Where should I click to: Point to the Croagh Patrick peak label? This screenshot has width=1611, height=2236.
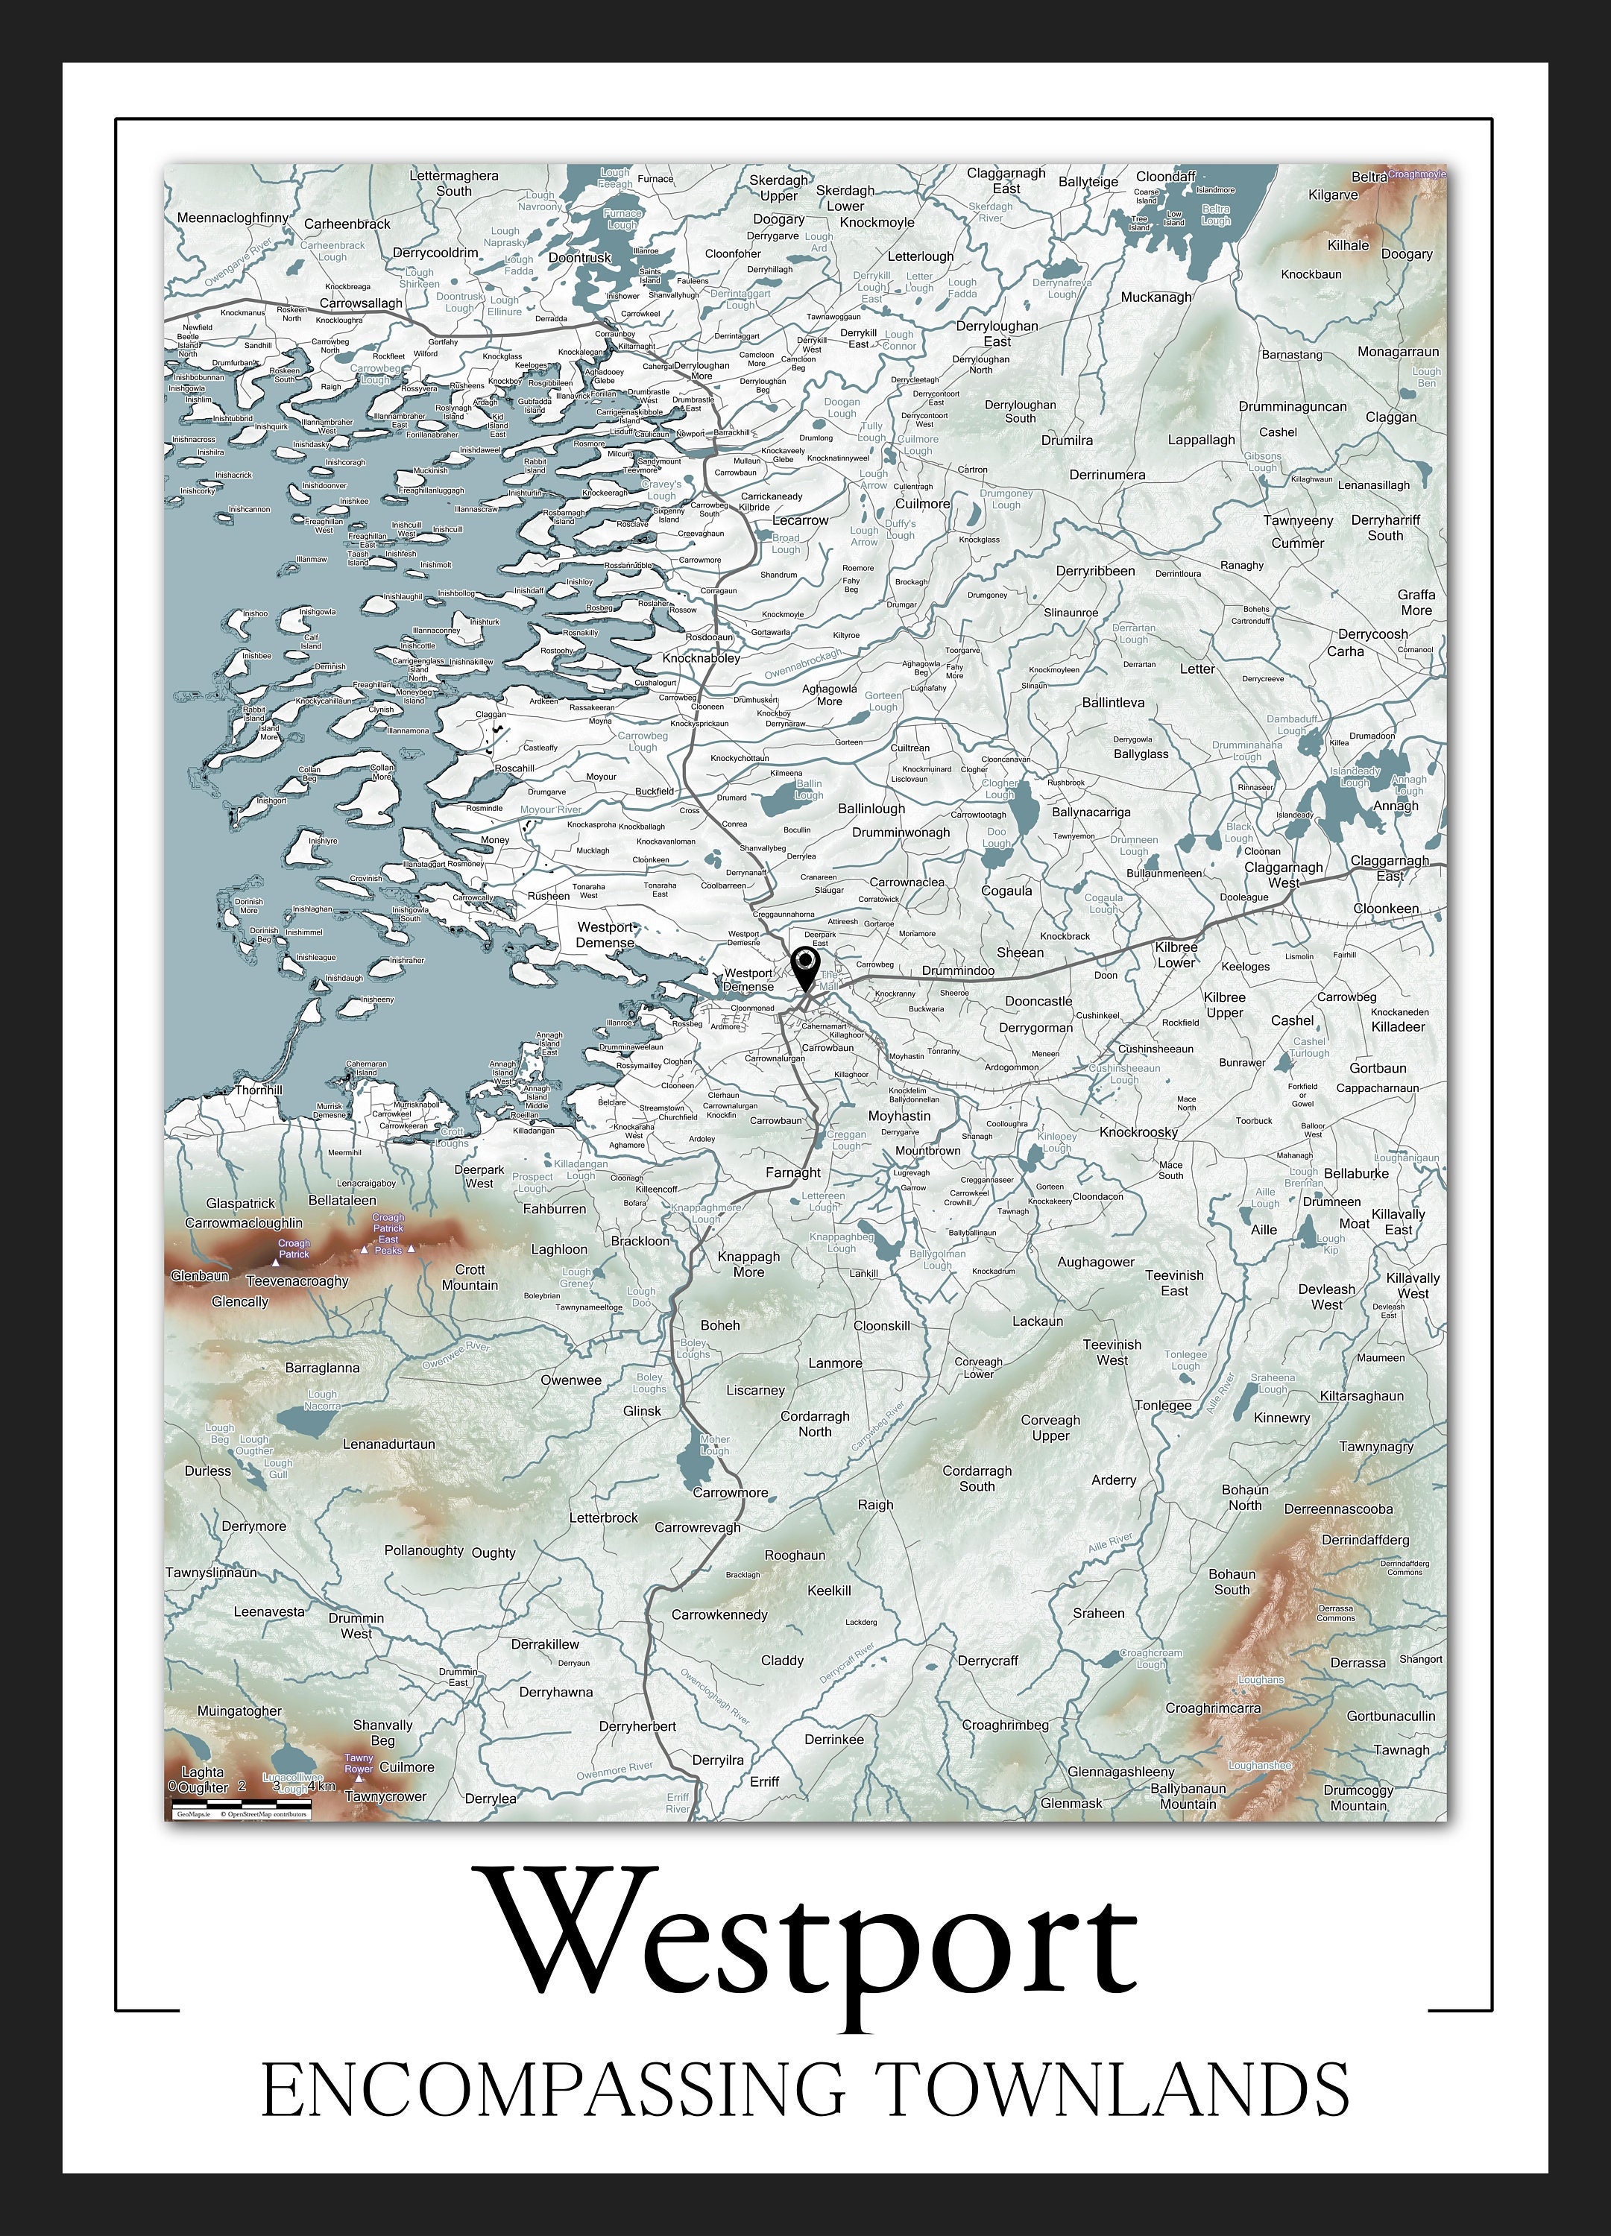[x=293, y=1248]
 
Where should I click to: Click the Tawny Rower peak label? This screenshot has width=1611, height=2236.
[x=359, y=1763]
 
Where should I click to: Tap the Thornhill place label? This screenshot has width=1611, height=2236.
[x=259, y=1090]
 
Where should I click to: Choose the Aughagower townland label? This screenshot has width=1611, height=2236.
[x=1095, y=1262]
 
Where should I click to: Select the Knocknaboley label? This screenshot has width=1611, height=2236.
[x=701, y=657]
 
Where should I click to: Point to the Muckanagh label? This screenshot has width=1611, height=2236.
[x=1156, y=297]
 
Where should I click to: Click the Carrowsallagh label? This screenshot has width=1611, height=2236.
[x=361, y=303]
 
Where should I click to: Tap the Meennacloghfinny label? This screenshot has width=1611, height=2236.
[x=233, y=218]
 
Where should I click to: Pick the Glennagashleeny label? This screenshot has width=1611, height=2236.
[x=1121, y=1771]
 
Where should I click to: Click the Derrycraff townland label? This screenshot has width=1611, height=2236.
[x=987, y=1661]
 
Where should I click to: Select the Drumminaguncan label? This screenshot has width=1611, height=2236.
[x=1292, y=406]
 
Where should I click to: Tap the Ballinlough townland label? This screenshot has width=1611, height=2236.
[x=871, y=809]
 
